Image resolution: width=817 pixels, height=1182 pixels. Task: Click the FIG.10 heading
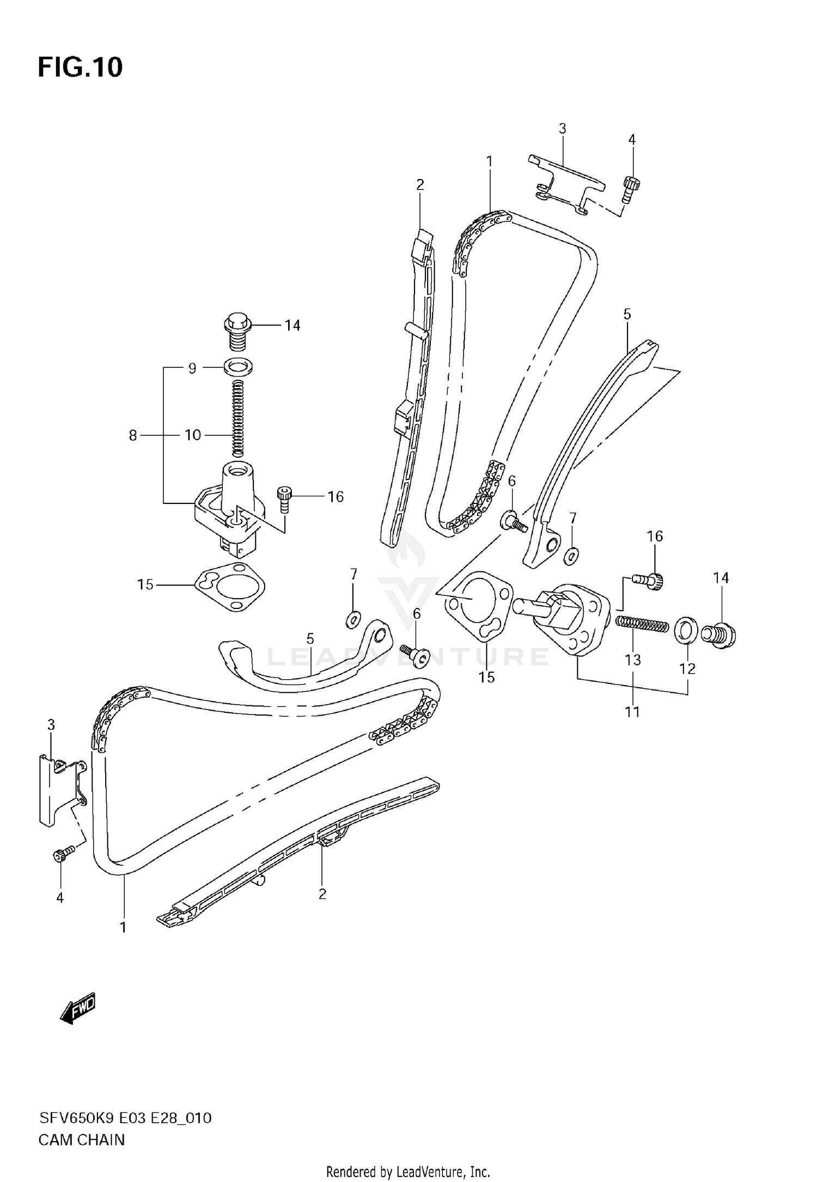click(80, 67)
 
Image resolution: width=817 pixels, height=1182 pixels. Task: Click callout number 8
click(133, 435)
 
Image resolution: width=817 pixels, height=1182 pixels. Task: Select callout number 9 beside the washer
click(192, 368)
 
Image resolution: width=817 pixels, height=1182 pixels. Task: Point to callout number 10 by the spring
click(193, 435)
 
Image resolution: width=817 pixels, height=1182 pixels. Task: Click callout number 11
click(632, 711)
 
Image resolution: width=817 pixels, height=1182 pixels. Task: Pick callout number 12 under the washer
click(687, 668)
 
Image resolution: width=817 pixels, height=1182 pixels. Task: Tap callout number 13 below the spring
click(632, 660)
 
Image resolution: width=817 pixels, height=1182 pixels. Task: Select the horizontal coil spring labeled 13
click(642, 624)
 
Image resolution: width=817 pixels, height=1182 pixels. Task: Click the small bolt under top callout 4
click(630, 188)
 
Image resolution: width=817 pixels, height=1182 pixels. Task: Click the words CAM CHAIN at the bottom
click(81, 1140)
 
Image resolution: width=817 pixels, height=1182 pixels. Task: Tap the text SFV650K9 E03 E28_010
click(125, 1118)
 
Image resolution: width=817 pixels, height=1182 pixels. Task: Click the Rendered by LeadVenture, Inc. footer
click(408, 1172)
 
